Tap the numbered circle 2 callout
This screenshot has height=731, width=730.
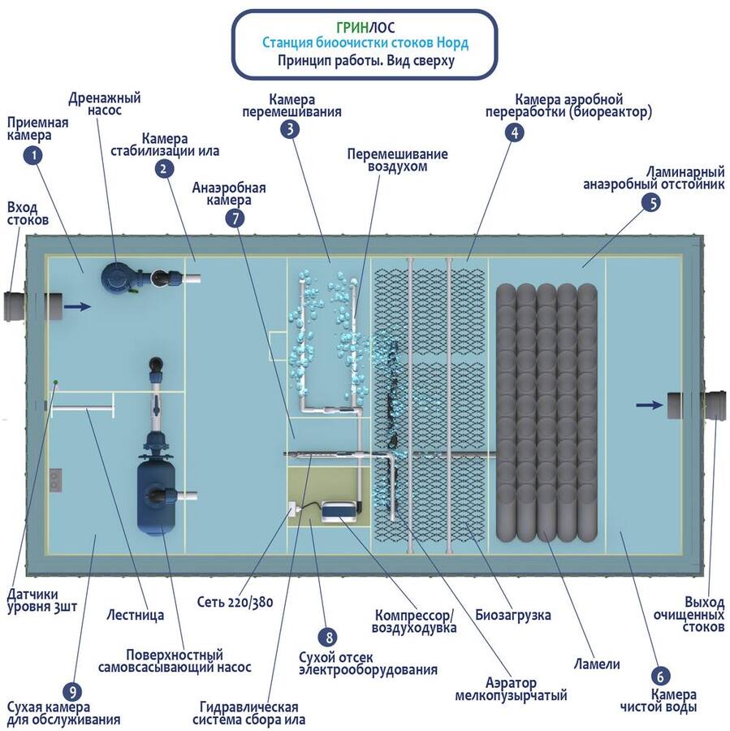tap(165, 168)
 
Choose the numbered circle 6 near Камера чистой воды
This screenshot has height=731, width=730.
tap(660, 676)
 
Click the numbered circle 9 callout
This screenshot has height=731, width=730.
tap(75, 692)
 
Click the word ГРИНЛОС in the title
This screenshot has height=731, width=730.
tap(364, 25)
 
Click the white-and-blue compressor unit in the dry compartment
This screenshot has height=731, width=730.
tap(341, 510)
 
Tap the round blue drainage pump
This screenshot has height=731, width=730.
tap(116, 277)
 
